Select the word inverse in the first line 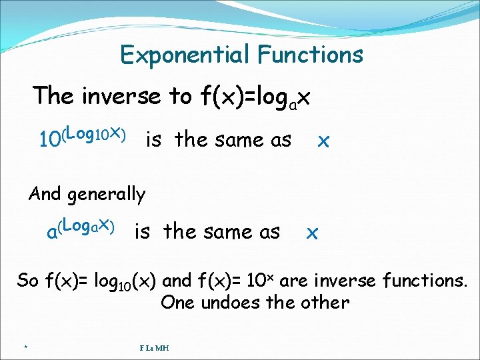point(121,97)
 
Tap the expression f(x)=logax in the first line point(255,97)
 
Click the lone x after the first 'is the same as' point(323,141)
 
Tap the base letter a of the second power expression point(51,233)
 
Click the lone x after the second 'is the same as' point(311,233)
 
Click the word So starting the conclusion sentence point(28,280)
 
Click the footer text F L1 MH point(154,347)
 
